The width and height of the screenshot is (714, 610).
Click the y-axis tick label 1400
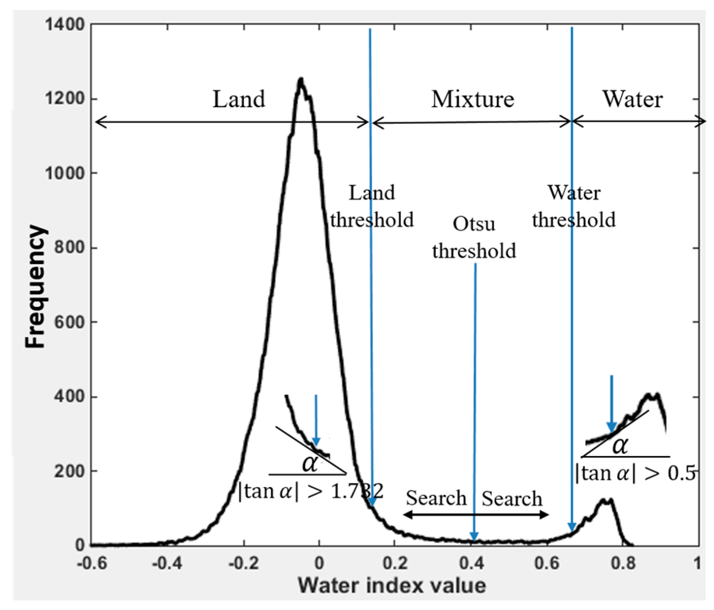65,25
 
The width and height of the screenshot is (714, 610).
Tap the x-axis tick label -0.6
92,563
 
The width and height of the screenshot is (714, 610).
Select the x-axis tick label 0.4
472,563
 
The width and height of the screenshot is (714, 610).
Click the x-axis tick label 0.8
623,563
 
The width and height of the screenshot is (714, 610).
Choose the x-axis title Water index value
392,586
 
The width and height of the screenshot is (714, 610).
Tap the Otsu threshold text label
474,237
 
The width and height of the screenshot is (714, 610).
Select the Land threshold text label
372,206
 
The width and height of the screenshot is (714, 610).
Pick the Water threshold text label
574,206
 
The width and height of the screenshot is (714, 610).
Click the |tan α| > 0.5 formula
635,473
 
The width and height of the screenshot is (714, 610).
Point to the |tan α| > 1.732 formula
310,491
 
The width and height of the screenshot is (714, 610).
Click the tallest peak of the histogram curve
301,80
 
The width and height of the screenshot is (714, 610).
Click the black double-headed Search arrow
476,515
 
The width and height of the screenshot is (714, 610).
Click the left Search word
436,498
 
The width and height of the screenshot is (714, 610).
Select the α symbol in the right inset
620,446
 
